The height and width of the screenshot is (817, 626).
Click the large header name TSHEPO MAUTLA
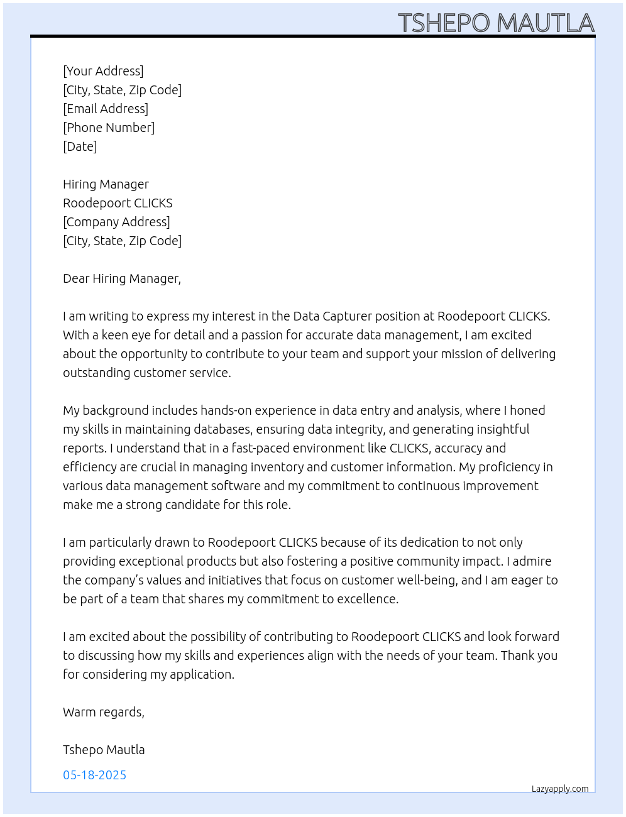pyautogui.click(x=496, y=23)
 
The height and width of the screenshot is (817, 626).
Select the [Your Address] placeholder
pyautogui.click(x=103, y=71)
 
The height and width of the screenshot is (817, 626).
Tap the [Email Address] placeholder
pyautogui.click(x=106, y=109)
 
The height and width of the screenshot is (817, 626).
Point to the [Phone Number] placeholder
pyautogui.click(x=109, y=128)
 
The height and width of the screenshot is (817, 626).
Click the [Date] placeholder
pyautogui.click(x=80, y=146)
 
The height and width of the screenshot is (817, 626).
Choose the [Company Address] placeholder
pyautogui.click(x=116, y=222)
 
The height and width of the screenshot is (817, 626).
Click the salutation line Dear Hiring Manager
pyautogui.click(x=121, y=278)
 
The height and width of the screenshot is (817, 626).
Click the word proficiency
pyautogui.click(x=499, y=467)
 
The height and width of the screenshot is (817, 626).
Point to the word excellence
pyautogui.click(x=367, y=599)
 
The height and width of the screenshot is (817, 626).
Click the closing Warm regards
pyautogui.click(x=103, y=712)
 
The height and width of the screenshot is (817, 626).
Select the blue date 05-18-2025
pyautogui.click(x=94, y=775)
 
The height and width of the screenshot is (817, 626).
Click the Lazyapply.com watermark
pyautogui.click(x=560, y=789)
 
